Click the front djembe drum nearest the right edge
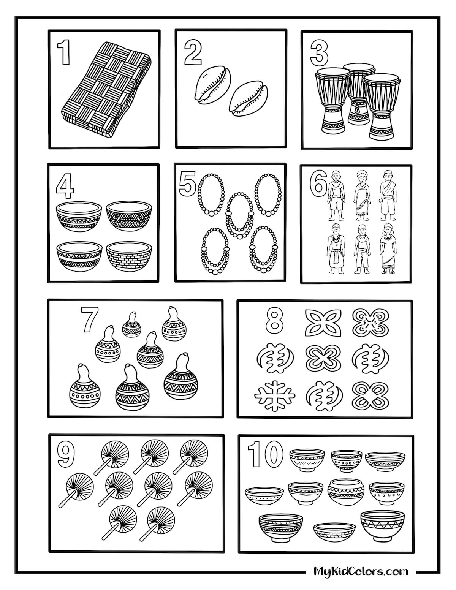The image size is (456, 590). [x=382, y=108]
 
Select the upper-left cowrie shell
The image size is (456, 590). [x=213, y=84]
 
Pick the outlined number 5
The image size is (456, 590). [x=187, y=183]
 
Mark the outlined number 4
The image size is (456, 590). [x=65, y=187]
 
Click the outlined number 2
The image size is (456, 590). [x=193, y=54]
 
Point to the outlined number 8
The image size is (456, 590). [x=275, y=322]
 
